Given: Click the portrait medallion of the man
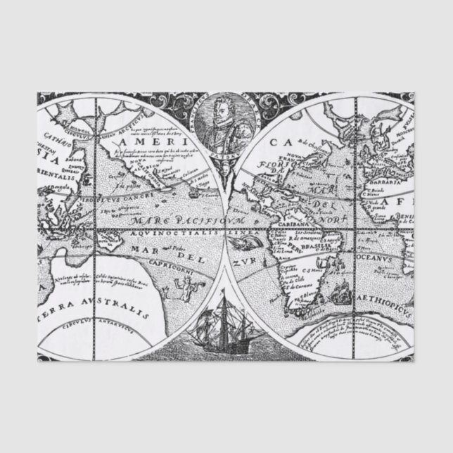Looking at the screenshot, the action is pos(226,120).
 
